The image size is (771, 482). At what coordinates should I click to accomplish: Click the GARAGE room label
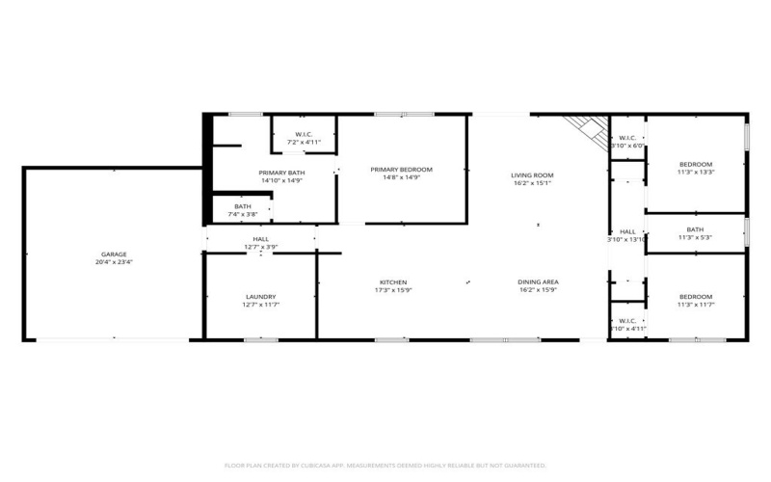tap(114, 254)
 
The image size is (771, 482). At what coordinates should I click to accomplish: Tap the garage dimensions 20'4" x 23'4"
tap(114, 262)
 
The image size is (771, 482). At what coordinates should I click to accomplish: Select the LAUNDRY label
tap(260, 296)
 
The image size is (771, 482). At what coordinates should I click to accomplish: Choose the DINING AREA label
tap(539, 281)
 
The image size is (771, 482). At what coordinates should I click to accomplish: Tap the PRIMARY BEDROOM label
tap(402, 169)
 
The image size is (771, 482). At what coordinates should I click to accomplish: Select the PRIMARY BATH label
tap(254, 172)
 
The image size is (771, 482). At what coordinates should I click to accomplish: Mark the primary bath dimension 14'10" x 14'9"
tap(254, 180)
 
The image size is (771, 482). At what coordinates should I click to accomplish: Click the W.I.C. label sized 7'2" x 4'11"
tap(304, 133)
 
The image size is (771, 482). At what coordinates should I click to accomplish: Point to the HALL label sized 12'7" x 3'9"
tap(260, 238)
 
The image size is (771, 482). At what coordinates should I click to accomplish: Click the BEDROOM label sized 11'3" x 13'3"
tap(695, 164)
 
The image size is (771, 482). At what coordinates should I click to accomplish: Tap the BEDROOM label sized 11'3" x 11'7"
tap(695, 296)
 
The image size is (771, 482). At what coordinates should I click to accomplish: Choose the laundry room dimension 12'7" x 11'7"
tap(260, 305)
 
